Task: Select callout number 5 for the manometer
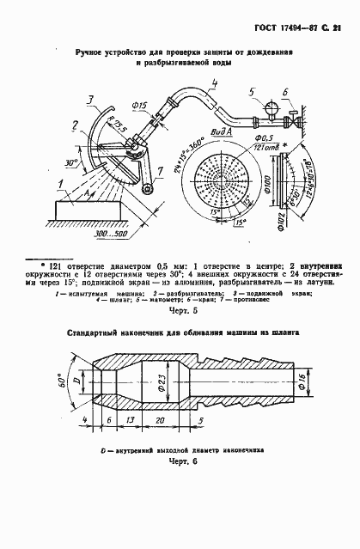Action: point(248,91)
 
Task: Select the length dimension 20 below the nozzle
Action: point(162,421)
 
